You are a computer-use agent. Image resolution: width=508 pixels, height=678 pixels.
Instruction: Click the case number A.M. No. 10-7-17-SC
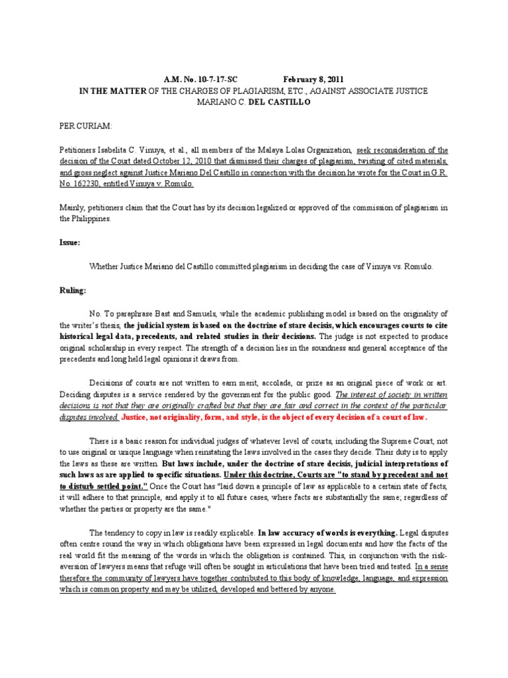pyautogui.click(x=196, y=79)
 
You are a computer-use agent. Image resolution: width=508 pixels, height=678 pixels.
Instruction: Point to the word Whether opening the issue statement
pyautogui.click(x=105, y=266)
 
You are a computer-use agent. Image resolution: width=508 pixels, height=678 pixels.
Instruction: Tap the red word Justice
pyautogui.click(x=139, y=417)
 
